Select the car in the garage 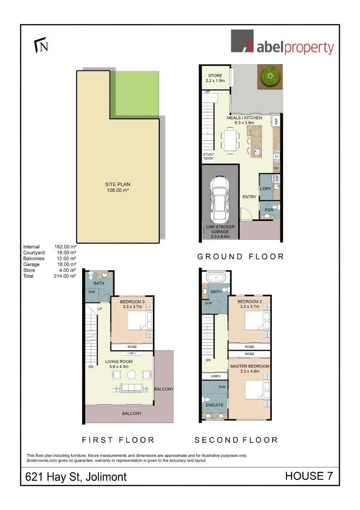[220, 200]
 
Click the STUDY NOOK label [208, 157]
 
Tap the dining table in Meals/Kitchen [231, 141]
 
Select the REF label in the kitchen [276, 121]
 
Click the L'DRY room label [266, 188]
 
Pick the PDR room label [269, 210]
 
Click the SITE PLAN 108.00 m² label [117, 187]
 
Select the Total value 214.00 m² [65, 276]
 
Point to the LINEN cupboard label [215, 376]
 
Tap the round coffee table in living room [133, 375]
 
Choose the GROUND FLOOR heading [241, 256]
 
